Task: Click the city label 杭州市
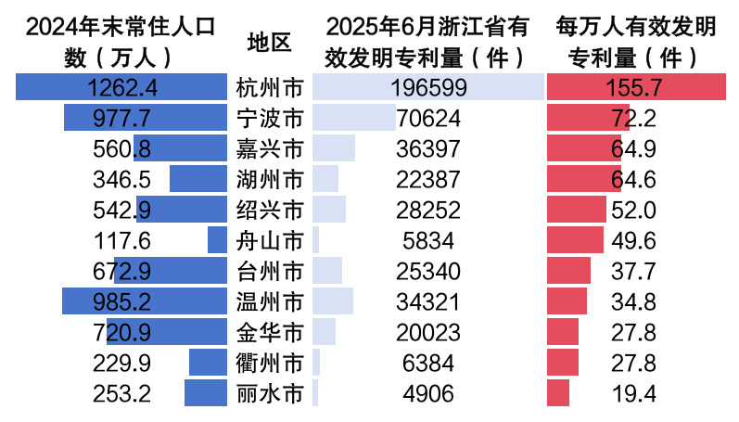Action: (270, 88)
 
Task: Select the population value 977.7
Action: (122, 119)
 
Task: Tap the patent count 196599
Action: (428, 88)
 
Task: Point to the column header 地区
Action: (270, 43)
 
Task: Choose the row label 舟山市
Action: (270, 241)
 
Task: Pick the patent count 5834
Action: (428, 241)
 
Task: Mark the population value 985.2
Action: (122, 302)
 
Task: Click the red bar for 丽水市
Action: (558, 393)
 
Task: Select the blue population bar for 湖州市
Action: (197, 180)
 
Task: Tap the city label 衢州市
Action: (270, 363)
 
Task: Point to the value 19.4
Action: (634, 393)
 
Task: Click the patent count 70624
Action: (428, 119)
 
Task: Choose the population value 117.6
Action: (122, 241)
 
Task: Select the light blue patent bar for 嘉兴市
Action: (334, 149)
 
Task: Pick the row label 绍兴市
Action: (270, 211)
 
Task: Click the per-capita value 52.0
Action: (634, 211)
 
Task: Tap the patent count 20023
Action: (428, 332)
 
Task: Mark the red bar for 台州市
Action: (568, 272)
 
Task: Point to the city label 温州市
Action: (270, 302)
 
